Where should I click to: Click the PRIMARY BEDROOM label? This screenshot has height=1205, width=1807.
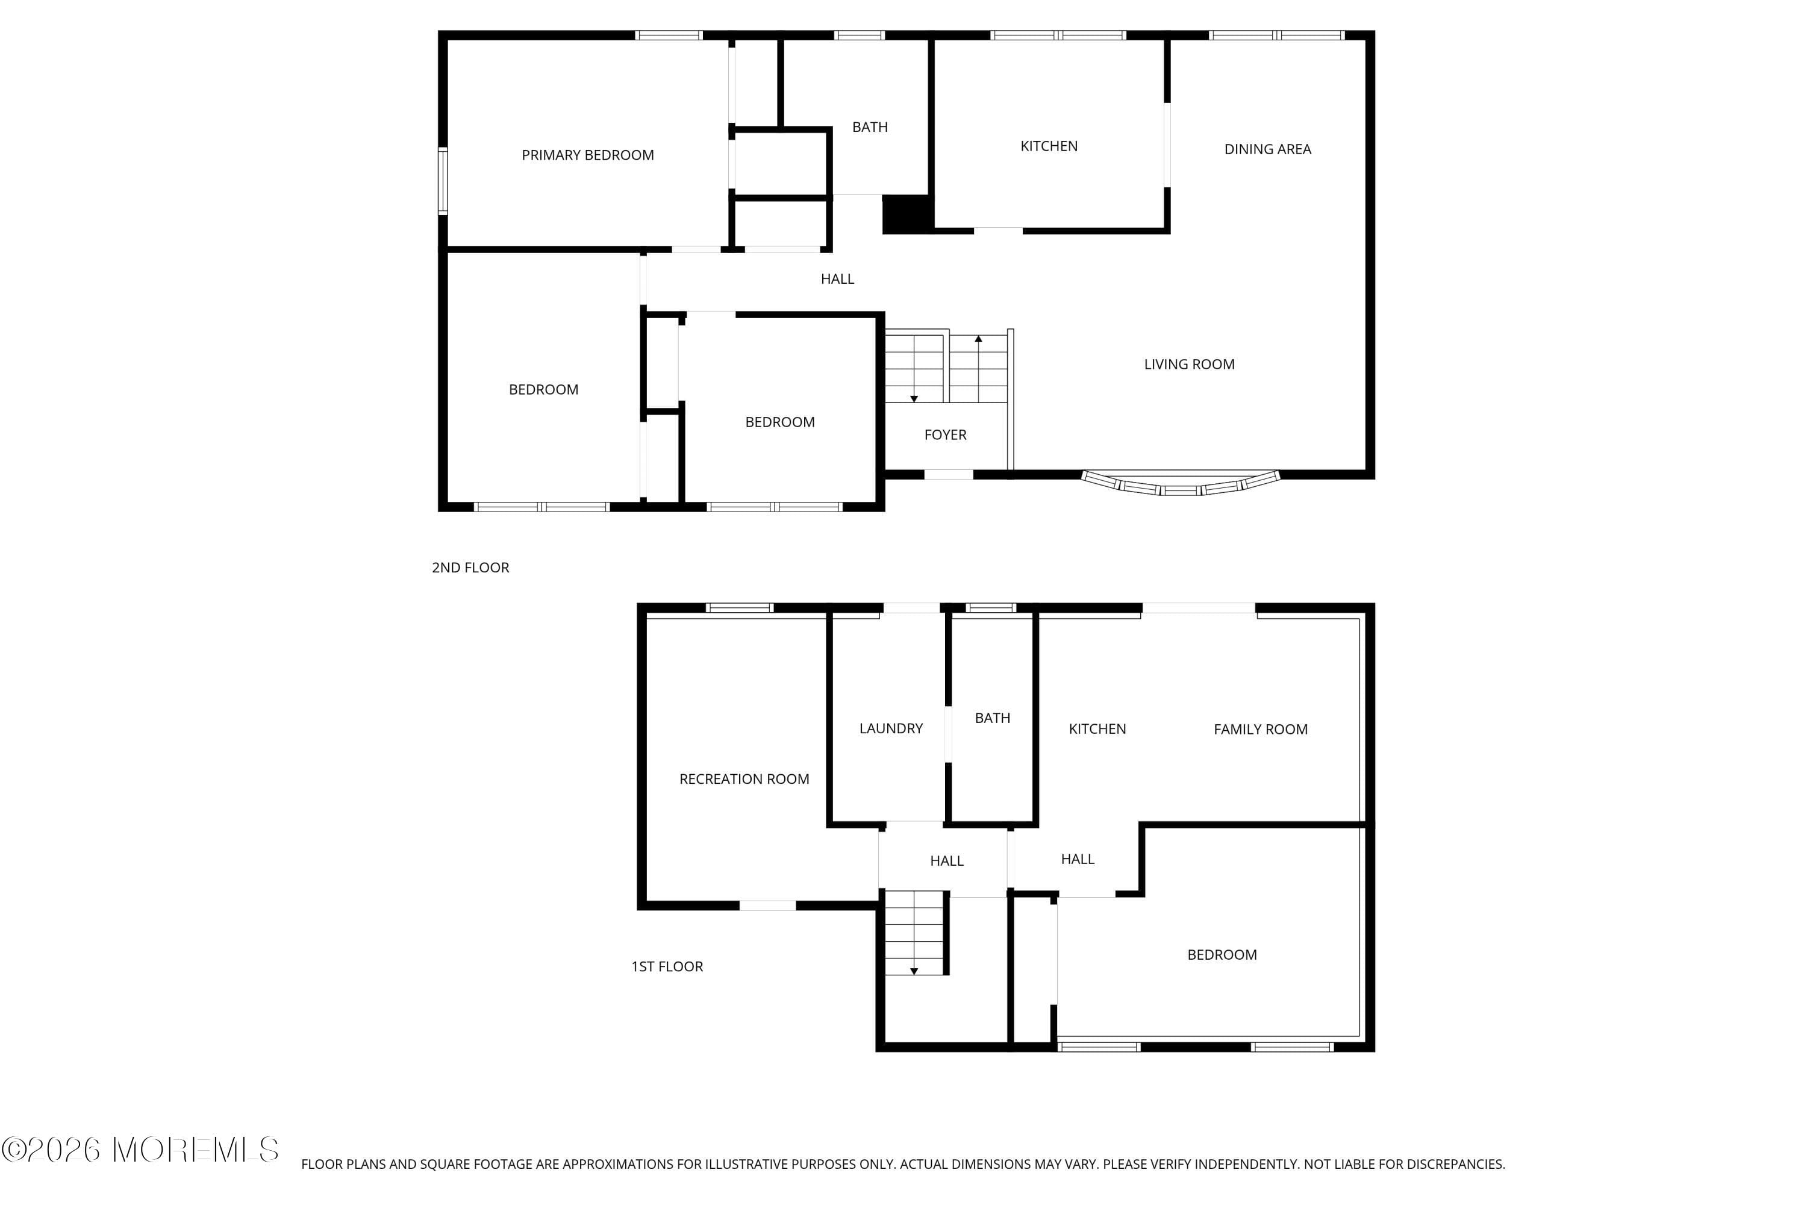588,155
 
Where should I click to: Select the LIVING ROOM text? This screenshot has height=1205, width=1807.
1188,365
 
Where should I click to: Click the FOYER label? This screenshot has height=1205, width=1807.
945,435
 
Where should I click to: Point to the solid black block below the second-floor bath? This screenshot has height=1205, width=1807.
907,214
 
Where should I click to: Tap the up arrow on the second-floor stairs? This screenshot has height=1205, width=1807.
978,339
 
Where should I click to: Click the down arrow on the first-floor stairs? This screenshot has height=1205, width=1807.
914,971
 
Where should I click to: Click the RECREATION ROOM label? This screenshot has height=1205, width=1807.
744,779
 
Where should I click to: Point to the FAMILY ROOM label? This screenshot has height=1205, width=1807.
1260,729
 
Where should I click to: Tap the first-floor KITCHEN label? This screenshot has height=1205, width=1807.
1096,729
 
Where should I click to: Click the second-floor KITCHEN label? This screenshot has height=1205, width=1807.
1048,146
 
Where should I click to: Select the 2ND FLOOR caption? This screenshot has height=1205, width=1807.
470,568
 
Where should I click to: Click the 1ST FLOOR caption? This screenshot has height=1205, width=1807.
667,967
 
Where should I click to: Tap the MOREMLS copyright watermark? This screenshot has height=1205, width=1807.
140,1150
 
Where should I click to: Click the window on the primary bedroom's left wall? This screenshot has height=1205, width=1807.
443,181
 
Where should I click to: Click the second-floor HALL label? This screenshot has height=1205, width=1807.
837,279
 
